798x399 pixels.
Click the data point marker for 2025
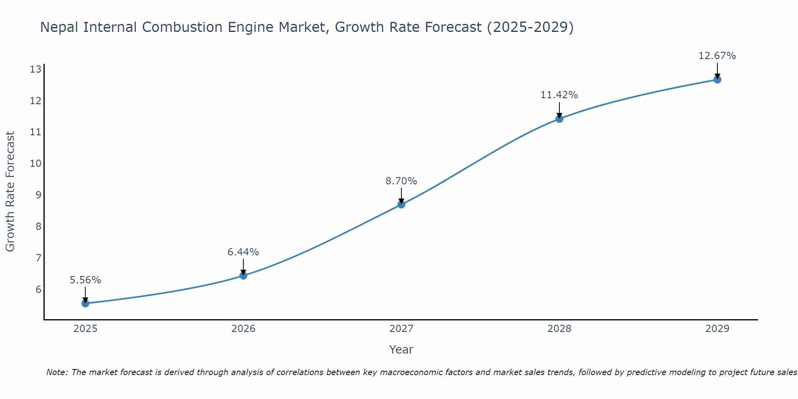[85, 303]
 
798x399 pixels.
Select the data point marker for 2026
[243, 275]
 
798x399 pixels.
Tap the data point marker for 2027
[401, 204]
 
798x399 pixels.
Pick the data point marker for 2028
[559, 119]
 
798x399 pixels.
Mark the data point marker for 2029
[717, 79]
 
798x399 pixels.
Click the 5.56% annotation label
[85, 280]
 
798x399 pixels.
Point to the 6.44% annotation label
[243, 252]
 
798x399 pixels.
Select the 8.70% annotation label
[401, 181]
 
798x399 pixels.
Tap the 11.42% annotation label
[559, 95]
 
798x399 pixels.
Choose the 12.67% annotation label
[717, 56]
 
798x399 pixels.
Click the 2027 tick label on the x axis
[401, 329]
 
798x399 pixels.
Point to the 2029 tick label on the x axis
[717, 329]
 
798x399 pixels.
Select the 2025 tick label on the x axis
[85, 329]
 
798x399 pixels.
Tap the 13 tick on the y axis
[36, 69]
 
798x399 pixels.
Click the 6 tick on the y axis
[38, 289]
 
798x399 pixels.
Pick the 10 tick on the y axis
[36, 164]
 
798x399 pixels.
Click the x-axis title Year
[401, 350]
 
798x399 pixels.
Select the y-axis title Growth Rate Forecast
[10, 192]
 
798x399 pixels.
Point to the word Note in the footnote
[57, 372]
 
